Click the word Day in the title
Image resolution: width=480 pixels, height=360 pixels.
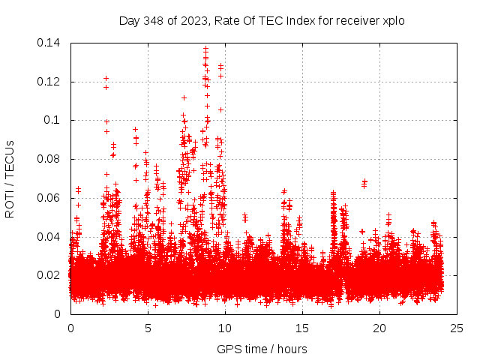pyautogui.click(x=129, y=21)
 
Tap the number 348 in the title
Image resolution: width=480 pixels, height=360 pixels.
pyautogui.click(x=153, y=21)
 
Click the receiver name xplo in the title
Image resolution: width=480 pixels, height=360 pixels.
pyautogui.click(x=393, y=21)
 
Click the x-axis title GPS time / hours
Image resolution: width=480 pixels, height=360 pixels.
pyautogui.click(x=262, y=349)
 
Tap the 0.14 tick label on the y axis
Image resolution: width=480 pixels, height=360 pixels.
pyautogui.click(x=49, y=43)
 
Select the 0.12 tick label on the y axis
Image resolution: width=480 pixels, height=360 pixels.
pyautogui.click(x=49, y=82)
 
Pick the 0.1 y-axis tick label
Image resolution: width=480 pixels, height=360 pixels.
pyautogui.click(x=53, y=120)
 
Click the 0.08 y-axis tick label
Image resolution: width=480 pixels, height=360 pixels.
pyautogui.click(x=49, y=159)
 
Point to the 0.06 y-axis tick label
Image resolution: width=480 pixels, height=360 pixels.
pyautogui.click(x=49, y=198)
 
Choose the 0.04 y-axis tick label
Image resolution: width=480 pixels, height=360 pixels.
pyautogui.click(x=49, y=237)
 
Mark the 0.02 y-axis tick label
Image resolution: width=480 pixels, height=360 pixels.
pyautogui.click(x=49, y=275)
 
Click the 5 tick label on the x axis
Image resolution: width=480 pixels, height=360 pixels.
pyautogui.click(x=148, y=328)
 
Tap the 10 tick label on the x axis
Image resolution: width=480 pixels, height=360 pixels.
pyautogui.click(x=225, y=328)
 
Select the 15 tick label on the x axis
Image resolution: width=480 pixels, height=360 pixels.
pyautogui.click(x=302, y=328)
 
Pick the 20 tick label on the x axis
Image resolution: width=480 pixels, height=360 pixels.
pyautogui.click(x=380, y=328)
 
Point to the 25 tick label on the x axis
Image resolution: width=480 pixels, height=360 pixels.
pyautogui.click(x=457, y=328)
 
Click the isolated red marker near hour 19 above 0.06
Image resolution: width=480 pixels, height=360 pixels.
pyautogui.click(x=364, y=183)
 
